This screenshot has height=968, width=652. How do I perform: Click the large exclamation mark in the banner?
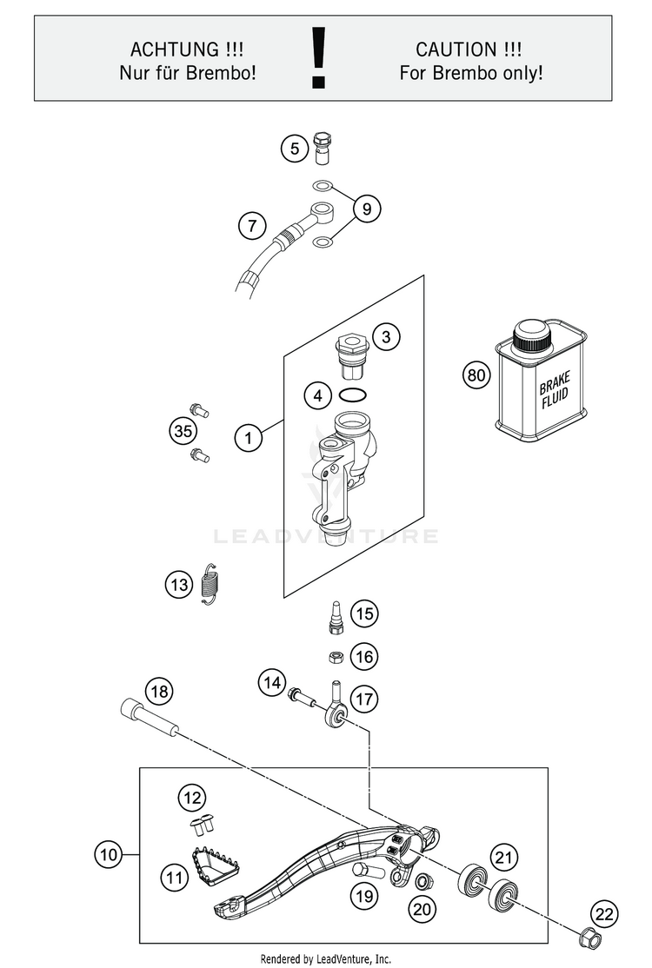point(318,57)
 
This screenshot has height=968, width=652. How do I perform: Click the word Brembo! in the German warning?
point(221,73)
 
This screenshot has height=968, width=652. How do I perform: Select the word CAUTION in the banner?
point(456,50)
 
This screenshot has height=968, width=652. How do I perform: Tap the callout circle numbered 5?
point(295,149)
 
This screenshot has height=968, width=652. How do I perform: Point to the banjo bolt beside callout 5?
point(323,148)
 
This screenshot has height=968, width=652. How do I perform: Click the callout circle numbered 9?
point(367,209)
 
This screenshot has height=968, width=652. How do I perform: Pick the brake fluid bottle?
point(540,381)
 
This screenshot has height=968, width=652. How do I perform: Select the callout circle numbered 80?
point(476,375)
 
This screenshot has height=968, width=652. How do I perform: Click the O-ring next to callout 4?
point(353,395)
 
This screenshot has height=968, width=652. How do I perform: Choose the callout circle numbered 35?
point(183,431)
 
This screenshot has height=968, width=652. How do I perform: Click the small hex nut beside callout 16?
point(334,657)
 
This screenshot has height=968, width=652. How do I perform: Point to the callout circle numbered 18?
point(159,692)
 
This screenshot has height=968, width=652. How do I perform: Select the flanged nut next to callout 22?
point(589,939)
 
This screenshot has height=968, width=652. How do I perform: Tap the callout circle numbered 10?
point(108,855)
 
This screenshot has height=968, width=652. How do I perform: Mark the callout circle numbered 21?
point(504,858)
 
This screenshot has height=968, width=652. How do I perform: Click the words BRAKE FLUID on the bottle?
point(555,391)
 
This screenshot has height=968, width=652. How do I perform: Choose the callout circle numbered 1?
point(249,438)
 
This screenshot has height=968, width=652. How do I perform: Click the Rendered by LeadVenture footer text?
point(325,958)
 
